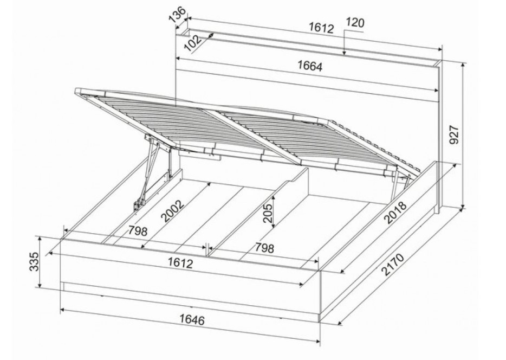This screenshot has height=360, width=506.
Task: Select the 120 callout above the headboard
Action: click(x=355, y=23)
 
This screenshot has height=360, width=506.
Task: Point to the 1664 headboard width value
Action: click(x=310, y=66)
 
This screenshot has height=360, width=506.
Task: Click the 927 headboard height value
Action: click(x=454, y=135)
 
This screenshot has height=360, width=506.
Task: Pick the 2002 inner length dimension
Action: click(x=172, y=211)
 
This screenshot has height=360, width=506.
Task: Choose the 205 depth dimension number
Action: click(x=268, y=214)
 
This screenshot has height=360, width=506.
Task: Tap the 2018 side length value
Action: click(x=395, y=213)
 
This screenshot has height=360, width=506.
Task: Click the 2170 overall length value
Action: click(x=393, y=265)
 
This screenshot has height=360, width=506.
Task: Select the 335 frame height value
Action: click(x=34, y=261)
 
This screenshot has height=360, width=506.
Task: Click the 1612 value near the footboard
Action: click(x=180, y=263)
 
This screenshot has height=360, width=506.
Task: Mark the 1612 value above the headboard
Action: click(x=321, y=28)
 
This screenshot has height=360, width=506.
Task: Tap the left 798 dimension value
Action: click(x=138, y=231)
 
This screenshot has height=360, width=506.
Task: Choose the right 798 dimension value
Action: click(x=264, y=248)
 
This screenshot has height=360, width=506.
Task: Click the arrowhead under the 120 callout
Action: click(x=345, y=52)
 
